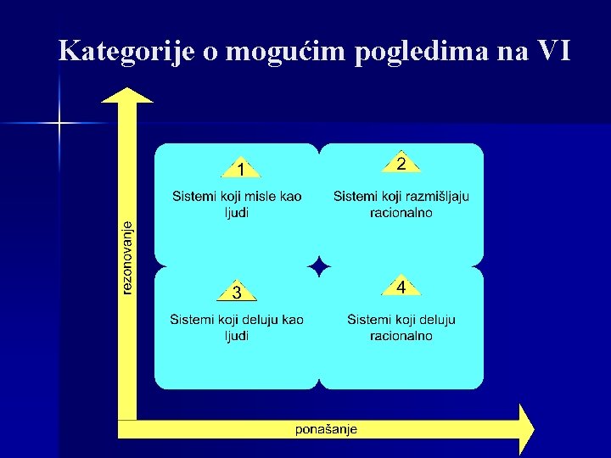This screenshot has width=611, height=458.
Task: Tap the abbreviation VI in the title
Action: [x=554, y=51]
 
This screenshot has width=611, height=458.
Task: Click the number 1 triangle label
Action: [x=242, y=169]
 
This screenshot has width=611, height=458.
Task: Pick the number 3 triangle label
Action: [x=238, y=292]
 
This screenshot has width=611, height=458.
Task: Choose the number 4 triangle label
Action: [x=401, y=287]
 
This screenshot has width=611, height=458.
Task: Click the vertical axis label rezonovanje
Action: [x=127, y=258]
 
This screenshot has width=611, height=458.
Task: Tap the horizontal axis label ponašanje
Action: [x=326, y=429]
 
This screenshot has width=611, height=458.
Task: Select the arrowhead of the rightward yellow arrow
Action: [x=526, y=429]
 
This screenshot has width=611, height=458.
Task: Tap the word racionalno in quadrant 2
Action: [x=401, y=212]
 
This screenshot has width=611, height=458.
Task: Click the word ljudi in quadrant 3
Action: [x=237, y=336]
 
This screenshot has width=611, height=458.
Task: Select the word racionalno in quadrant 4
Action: [x=401, y=336]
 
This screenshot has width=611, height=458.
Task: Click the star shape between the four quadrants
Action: [x=318, y=266]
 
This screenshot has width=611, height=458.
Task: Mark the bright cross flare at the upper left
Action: [x=59, y=124]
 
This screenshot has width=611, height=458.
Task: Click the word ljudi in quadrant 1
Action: [x=237, y=212]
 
